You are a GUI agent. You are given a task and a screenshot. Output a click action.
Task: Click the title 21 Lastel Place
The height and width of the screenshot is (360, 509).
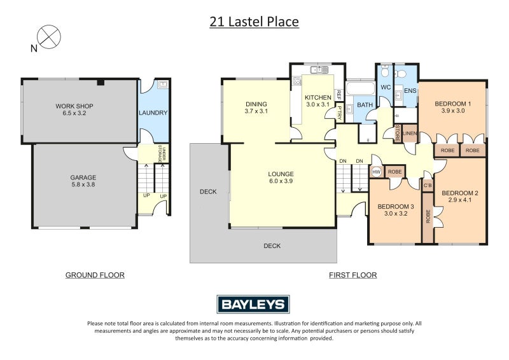(x=254, y=22)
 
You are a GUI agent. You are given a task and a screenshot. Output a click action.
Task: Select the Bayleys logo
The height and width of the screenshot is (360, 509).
(x=254, y=304)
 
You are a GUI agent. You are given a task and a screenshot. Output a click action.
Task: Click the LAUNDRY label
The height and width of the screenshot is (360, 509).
(x=153, y=113)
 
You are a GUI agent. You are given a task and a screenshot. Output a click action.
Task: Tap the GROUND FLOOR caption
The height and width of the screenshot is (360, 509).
(x=95, y=275)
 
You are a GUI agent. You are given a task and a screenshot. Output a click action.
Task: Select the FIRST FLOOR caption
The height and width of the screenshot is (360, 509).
(x=352, y=275)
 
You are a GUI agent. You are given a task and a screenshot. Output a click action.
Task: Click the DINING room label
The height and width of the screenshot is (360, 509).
(x=256, y=104)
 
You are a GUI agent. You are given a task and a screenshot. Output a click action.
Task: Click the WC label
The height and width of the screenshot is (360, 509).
(x=385, y=87)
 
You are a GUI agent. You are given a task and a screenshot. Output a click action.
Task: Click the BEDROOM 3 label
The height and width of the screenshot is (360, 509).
(x=395, y=206)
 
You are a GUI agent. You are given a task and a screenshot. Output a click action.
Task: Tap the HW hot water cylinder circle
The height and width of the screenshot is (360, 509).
(x=376, y=172)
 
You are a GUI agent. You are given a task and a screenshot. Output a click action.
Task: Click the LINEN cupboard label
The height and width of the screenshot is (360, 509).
(x=410, y=133)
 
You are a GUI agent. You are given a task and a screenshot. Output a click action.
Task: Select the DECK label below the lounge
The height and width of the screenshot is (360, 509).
(x=272, y=246)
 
